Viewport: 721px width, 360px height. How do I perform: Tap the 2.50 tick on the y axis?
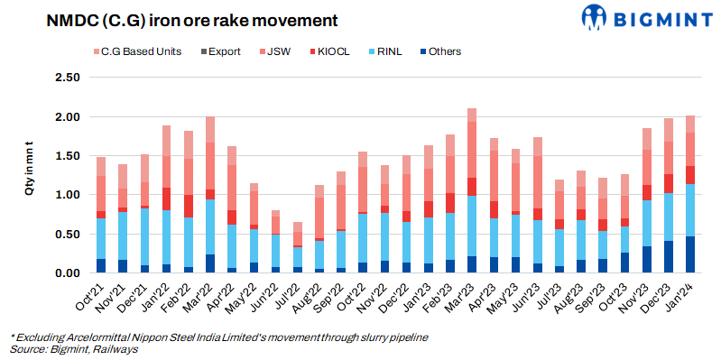(x=66, y=78)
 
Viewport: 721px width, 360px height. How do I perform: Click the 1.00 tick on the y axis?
(x=66, y=195)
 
